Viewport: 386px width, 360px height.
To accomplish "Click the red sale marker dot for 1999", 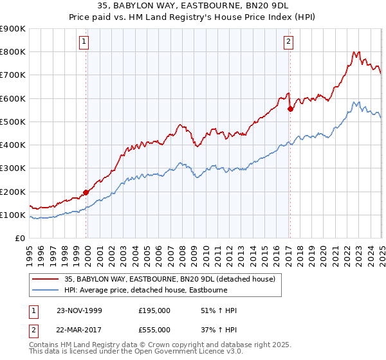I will [86, 192].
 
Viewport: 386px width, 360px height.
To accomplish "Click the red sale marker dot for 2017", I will [290, 109].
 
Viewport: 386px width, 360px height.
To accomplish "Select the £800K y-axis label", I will [13, 52].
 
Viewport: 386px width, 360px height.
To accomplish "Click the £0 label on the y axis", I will [19, 238].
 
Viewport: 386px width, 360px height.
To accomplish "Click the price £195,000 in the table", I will [154, 310].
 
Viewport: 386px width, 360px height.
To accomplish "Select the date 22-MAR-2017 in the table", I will [79, 329].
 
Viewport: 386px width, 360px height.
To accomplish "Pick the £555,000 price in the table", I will [154, 329].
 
